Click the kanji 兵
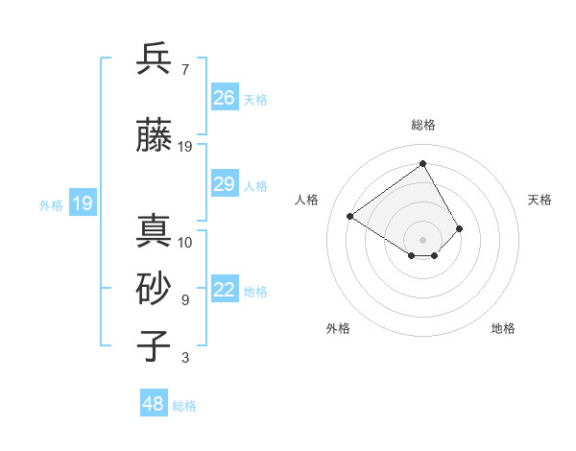(155, 59)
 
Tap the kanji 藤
(155, 137)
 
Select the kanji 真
(155, 232)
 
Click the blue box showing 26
(225, 98)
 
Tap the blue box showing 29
(225, 184)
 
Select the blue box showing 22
(225, 291)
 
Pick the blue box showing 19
(82, 203)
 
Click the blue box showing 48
(154, 404)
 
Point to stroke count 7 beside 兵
(184, 69)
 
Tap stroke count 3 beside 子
(184, 358)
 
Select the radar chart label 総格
(422, 125)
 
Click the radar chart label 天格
(540, 200)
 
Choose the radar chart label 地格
(503, 328)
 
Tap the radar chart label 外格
(338, 328)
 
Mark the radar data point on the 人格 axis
(350, 216)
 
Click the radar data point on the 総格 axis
(422, 163)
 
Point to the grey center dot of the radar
(422, 239)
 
